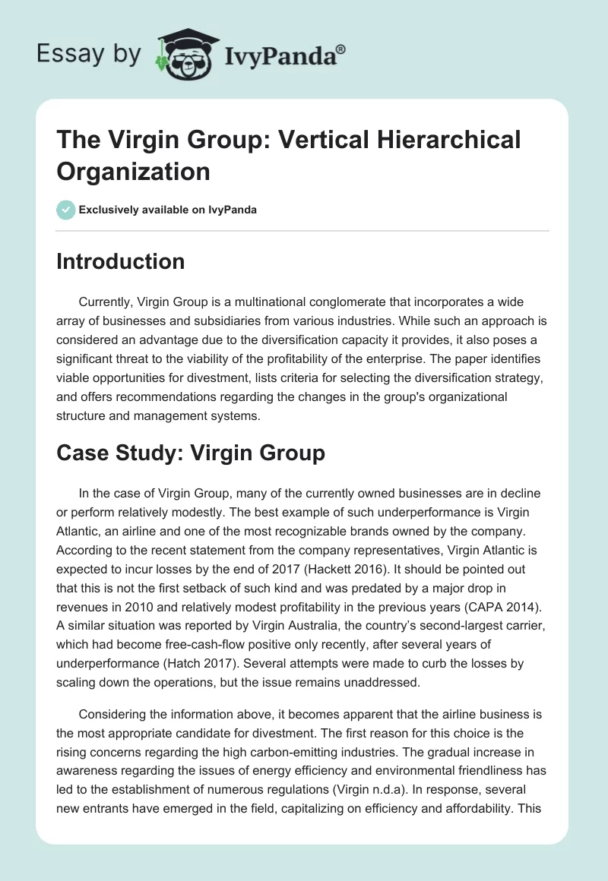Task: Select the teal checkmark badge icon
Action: pos(66,210)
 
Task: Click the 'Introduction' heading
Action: pos(121,261)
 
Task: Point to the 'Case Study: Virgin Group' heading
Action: pos(191,453)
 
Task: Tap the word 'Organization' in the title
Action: pos(133,172)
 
